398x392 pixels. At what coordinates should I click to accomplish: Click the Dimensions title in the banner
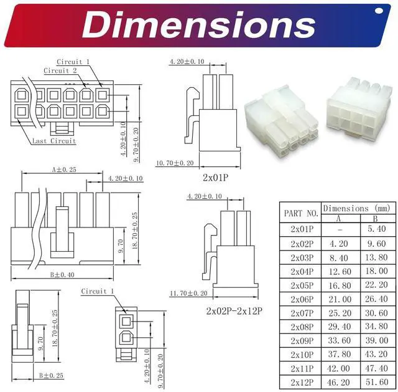tap(198, 25)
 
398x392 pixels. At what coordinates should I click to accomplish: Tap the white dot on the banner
tap(379, 11)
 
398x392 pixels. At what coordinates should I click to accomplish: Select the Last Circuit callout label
tap(54, 141)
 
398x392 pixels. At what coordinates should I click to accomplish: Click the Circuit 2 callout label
tap(60, 70)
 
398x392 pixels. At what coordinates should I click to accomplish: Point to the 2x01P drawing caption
tap(216, 178)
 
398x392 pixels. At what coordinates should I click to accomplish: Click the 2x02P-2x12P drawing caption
tap(234, 311)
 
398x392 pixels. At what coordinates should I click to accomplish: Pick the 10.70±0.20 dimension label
tap(175, 163)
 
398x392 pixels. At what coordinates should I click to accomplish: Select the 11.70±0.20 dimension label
tap(188, 294)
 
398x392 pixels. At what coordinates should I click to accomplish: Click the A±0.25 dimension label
tap(64, 170)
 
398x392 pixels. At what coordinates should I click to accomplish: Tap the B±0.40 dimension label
tap(62, 275)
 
